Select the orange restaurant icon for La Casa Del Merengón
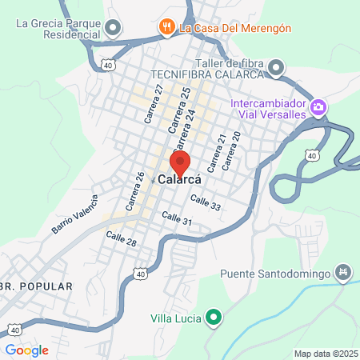pos(167,27)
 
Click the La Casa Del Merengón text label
pos(234,27)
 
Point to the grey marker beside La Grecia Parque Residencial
pos(113,28)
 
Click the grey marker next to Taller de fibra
pos(277,66)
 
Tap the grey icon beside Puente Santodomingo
pos(344,274)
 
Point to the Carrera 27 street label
pos(153,104)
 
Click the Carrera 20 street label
pos(230,151)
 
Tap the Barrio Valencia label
pos(74,214)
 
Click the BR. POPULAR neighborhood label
pos(36,285)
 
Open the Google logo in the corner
pos(26,350)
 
